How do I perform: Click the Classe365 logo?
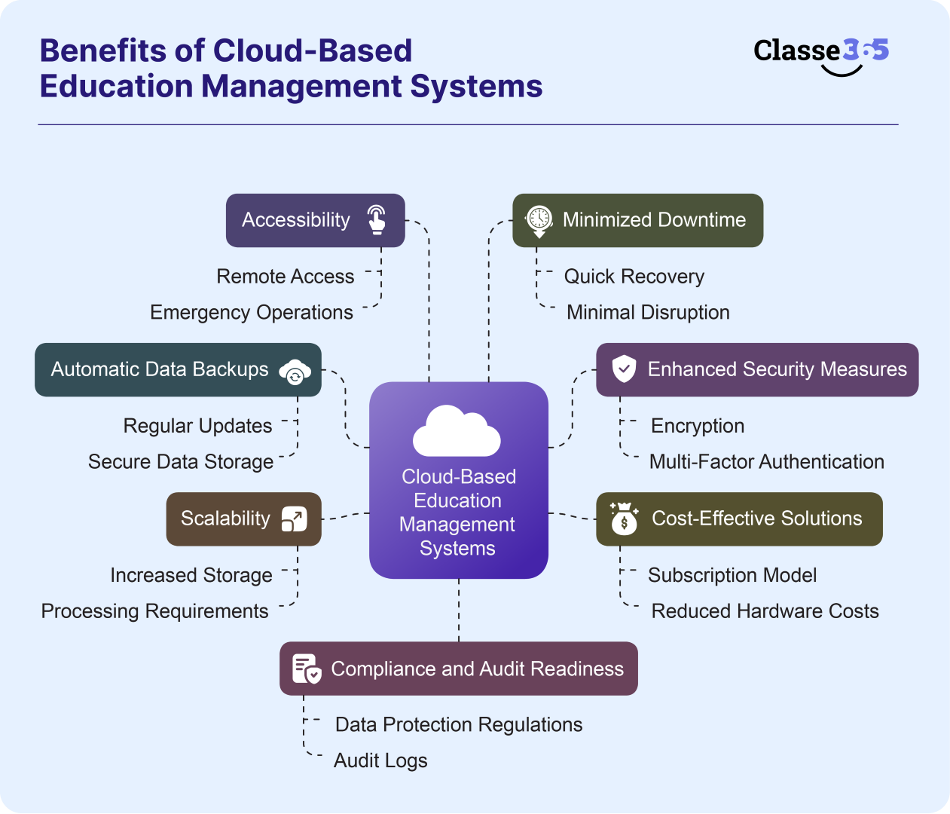coord(820,54)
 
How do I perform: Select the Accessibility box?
coord(315,220)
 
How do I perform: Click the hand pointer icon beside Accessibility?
coord(377,220)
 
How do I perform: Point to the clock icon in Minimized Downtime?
coord(539,219)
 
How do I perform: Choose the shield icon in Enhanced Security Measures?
coord(624,369)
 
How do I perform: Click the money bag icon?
coord(624,519)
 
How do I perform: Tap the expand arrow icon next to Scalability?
coord(294,519)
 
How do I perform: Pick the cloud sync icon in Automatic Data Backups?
coord(295,371)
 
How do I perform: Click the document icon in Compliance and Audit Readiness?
coord(306,669)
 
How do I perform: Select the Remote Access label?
coord(285,277)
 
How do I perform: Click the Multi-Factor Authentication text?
coord(766,461)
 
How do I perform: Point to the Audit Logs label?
coord(380,760)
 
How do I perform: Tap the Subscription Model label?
coord(732,575)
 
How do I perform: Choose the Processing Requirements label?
coord(154,611)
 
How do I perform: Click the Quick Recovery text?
coord(634,277)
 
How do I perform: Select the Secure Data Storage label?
coord(181,461)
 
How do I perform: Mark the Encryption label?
coord(697,426)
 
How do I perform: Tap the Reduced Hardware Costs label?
coord(765,611)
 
